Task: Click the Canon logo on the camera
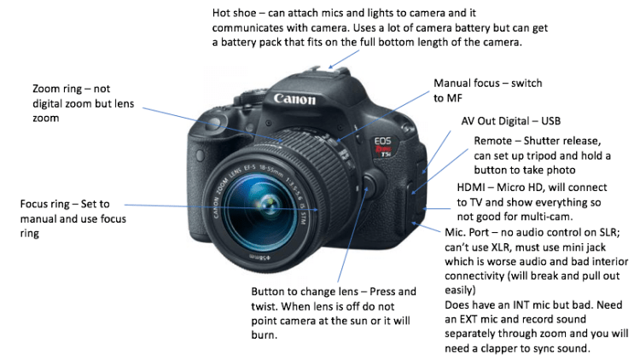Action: point(294,99)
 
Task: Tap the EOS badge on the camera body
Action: point(382,142)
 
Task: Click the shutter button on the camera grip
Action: point(214,121)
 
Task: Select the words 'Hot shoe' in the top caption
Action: point(235,13)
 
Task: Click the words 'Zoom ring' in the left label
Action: point(57,89)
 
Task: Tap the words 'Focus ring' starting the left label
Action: point(45,204)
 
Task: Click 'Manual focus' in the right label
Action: point(467,84)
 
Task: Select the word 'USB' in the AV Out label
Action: point(550,121)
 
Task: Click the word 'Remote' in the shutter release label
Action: point(492,141)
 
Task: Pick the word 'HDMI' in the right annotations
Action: point(470,188)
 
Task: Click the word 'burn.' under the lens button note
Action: point(264,335)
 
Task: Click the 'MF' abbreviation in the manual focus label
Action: point(454,98)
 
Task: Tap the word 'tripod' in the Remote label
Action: point(543,156)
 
